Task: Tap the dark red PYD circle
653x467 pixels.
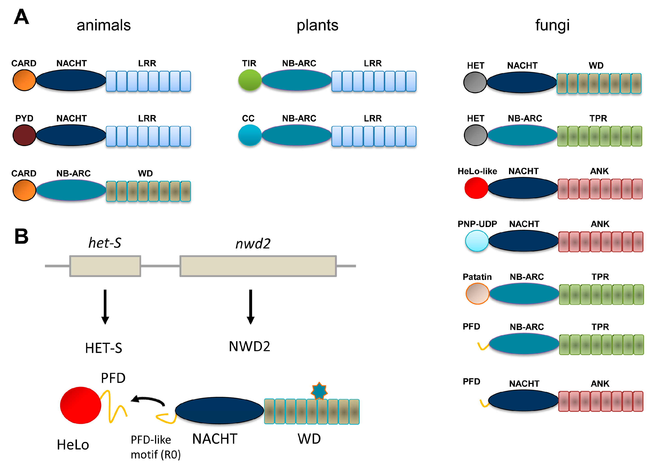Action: click(x=24, y=135)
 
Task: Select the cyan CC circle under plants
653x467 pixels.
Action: click(x=250, y=135)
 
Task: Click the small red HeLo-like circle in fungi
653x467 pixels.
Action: click(x=476, y=188)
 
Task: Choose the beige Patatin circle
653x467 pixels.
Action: click(x=477, y=294)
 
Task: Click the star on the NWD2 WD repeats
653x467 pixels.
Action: click(x=319, y=391)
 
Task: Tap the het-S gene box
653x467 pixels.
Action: click(x=105, y=266)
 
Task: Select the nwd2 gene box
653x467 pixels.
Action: click(x=258, y=266)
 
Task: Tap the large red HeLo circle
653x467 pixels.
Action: click(x=81, y=405)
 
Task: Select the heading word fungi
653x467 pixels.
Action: click(x=552, y=25)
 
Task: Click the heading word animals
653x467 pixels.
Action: click(x=104, y=25)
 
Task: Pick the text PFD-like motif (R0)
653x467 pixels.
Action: click(x=155, y=447)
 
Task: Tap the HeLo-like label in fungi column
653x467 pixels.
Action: click(x=477, y=171)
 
